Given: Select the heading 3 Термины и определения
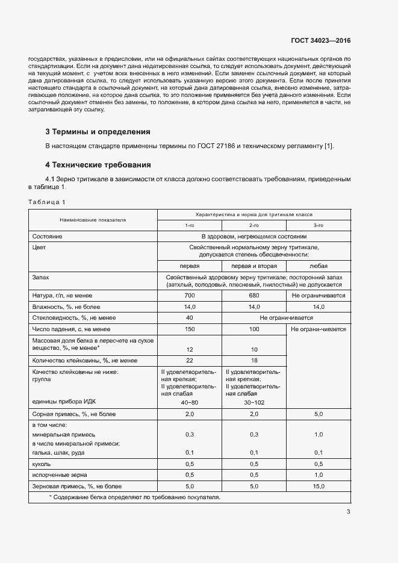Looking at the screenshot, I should [98, 131].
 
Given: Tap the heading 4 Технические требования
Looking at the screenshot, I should [98, 164].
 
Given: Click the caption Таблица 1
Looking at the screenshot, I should [46, 202].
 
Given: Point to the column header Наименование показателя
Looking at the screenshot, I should [93, 220].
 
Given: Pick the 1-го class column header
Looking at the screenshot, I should [190, 225].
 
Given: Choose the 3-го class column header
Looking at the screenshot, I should [319, 225].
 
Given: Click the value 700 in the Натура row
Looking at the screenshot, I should [190, 296].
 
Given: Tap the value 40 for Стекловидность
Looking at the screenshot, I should [190, 318].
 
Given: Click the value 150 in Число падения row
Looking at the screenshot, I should [190, 329].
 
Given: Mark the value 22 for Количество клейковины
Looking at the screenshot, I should [190, 361].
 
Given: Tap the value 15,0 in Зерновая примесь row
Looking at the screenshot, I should [319, 486].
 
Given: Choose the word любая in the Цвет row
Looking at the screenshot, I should [319, 266].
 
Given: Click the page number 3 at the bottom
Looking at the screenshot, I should [348, 512].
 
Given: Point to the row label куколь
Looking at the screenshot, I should [42, 464].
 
